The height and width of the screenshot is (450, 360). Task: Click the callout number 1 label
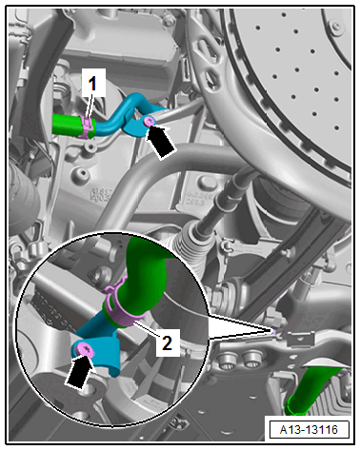92,84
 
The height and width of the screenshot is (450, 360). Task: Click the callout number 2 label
168,342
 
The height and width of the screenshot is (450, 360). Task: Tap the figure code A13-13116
309,430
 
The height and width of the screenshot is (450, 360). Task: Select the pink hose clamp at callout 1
87,127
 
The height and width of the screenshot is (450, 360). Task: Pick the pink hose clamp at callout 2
122,306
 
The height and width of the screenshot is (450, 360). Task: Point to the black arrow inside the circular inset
79,373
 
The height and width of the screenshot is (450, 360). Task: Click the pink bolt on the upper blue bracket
149,121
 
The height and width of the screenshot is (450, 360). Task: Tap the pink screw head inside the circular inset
86,350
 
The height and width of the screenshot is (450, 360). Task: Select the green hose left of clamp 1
68,126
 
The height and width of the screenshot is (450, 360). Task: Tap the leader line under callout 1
90,108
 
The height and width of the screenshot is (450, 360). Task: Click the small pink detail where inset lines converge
273,331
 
